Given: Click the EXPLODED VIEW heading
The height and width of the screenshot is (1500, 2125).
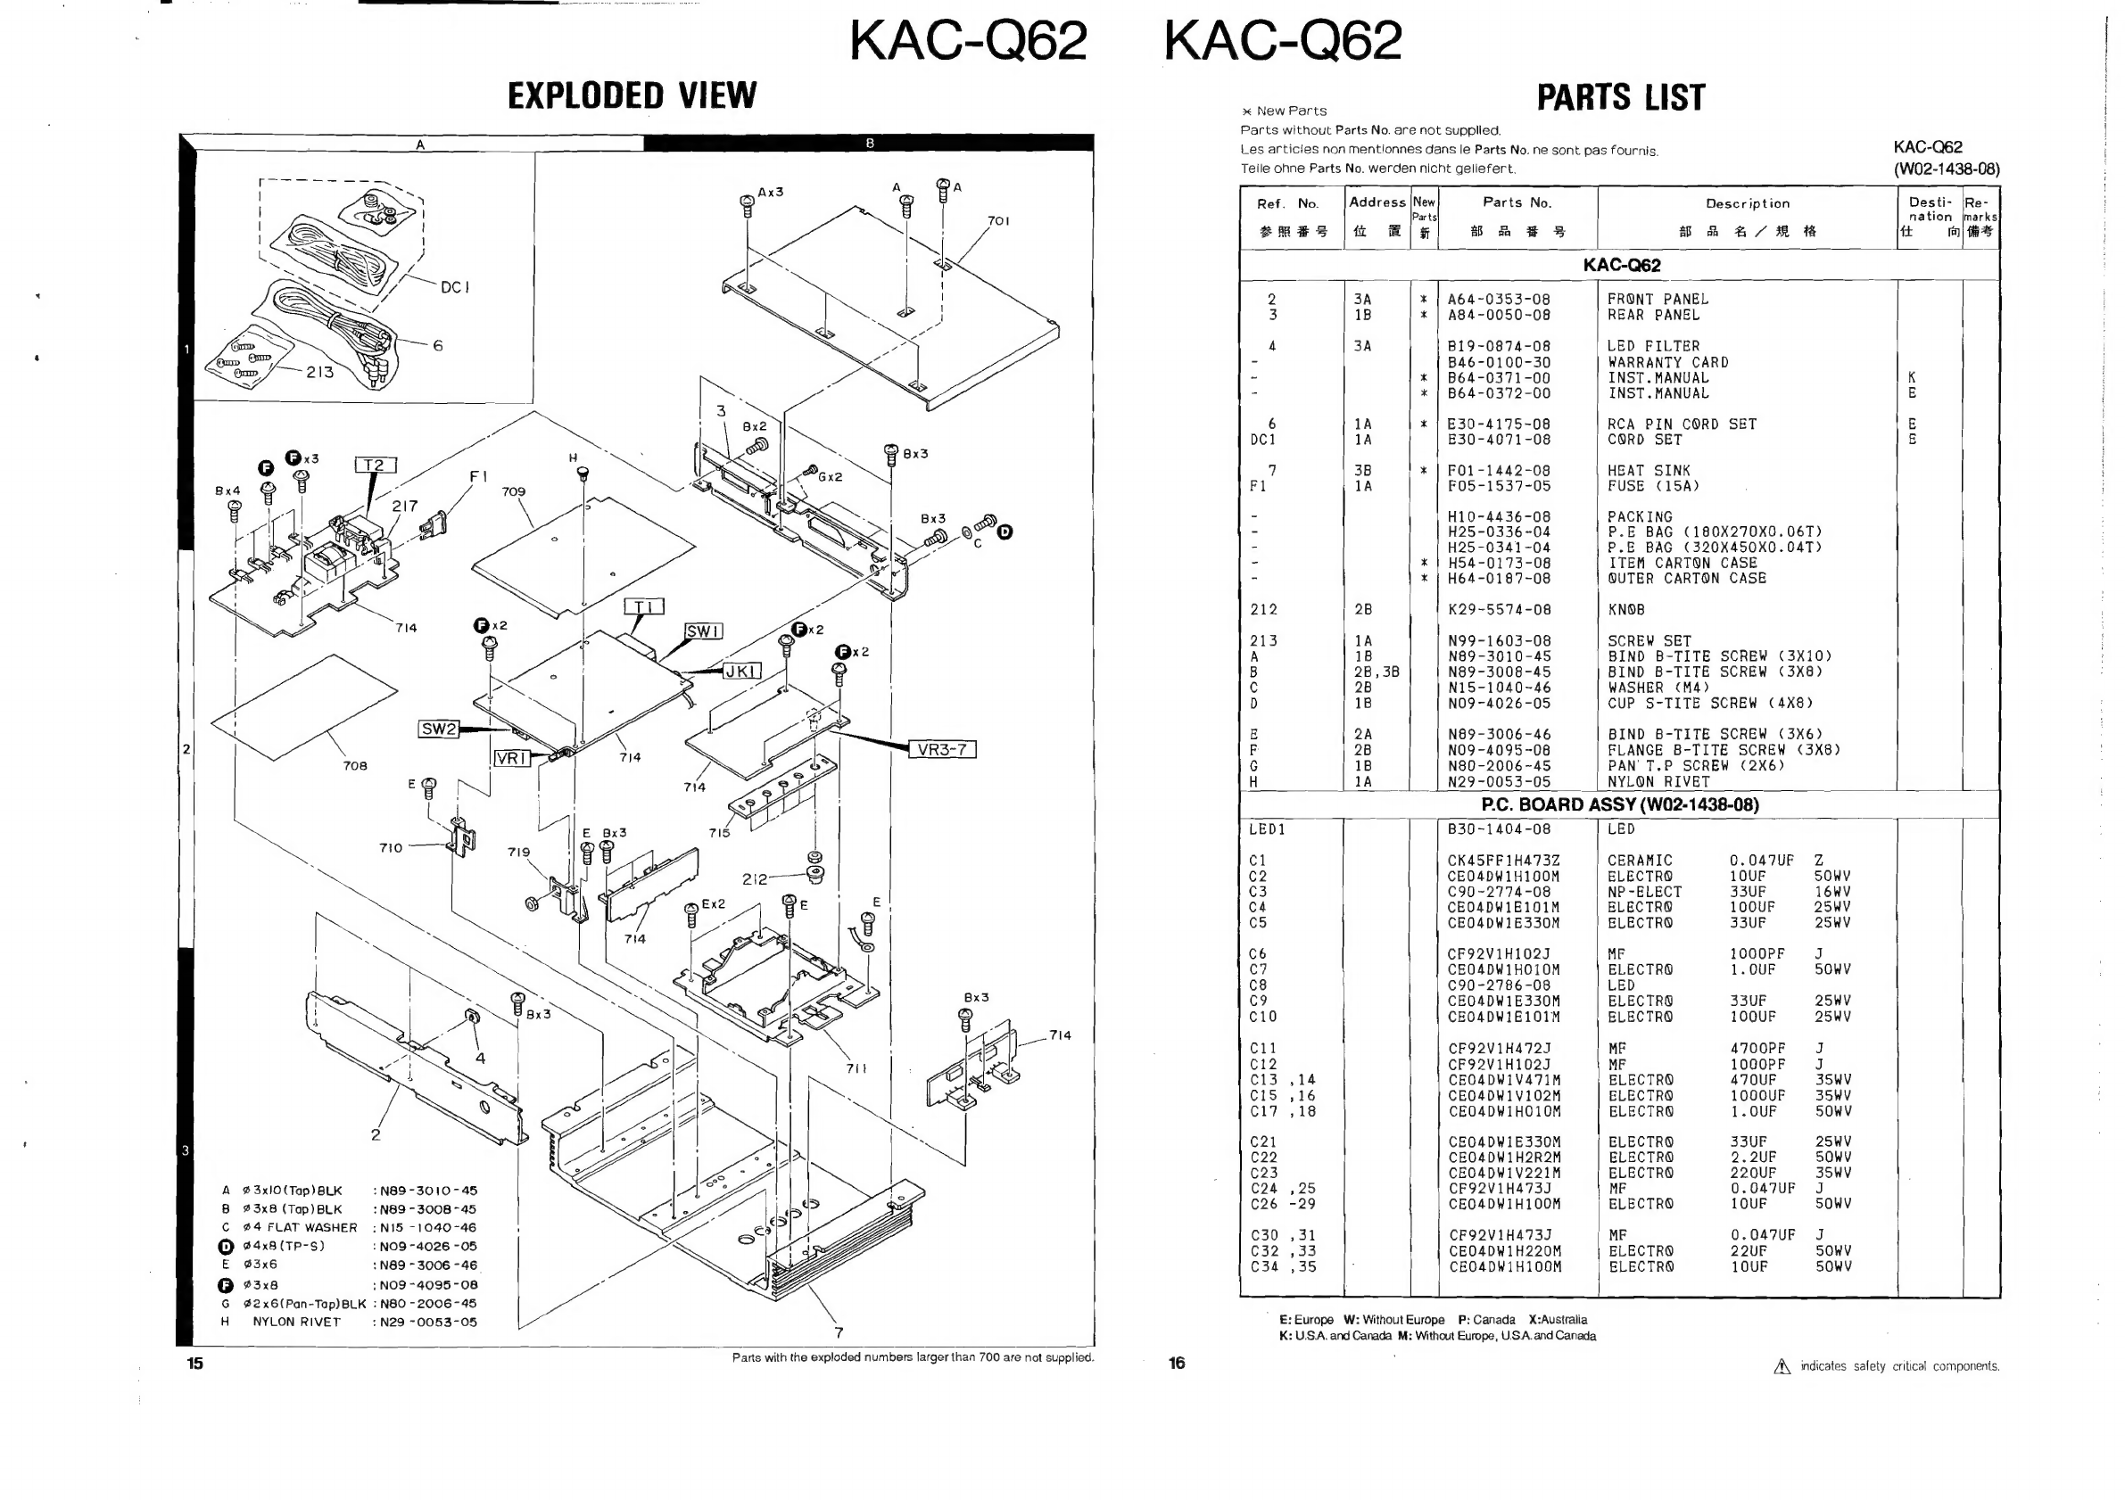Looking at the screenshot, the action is pos(633,95).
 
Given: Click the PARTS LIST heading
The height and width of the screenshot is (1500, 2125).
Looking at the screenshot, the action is pos(1621,97).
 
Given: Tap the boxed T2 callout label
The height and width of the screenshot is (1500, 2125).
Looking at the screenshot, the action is pos(376,465).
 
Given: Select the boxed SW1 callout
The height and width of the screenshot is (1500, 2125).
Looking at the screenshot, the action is pos(703,631).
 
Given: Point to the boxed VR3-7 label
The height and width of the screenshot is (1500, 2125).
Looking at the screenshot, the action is pos(942,749).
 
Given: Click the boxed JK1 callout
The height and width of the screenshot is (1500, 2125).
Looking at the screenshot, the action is pos(741,671).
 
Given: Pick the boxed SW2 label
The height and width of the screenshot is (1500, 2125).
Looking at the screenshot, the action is pos(439,729).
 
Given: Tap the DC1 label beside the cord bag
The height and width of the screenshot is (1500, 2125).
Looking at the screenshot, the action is pos(455,287).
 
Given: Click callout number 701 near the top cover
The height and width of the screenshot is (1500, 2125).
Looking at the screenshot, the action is pos(998,221).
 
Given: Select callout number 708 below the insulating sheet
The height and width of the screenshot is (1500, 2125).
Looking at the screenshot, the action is pos(355,766).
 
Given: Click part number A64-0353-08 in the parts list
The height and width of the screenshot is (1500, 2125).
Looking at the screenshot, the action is pos(1499,300).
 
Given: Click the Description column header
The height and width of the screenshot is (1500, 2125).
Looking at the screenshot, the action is pos(1748,203).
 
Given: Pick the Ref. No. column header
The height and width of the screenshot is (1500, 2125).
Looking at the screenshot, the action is pos(1287,203).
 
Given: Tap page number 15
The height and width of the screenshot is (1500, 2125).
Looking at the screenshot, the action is pos(194,1363).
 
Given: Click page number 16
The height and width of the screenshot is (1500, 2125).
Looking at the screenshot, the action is pos(1177,1363).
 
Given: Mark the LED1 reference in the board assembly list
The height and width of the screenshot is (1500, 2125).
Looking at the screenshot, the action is pos(1267,829).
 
